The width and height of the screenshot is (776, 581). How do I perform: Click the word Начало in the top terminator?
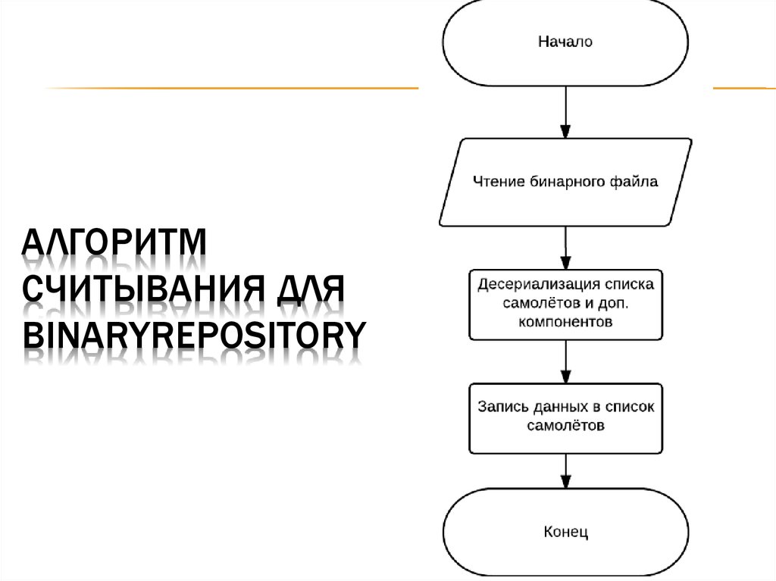[x=565, y=42]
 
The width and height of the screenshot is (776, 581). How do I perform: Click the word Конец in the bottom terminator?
[x=565, y=532]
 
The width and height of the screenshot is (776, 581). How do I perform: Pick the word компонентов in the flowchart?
[x=565, y=321]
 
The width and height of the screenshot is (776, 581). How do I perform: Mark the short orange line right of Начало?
[x=743, y=89]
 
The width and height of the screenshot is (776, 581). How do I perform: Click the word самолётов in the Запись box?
[x=565, y=426]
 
